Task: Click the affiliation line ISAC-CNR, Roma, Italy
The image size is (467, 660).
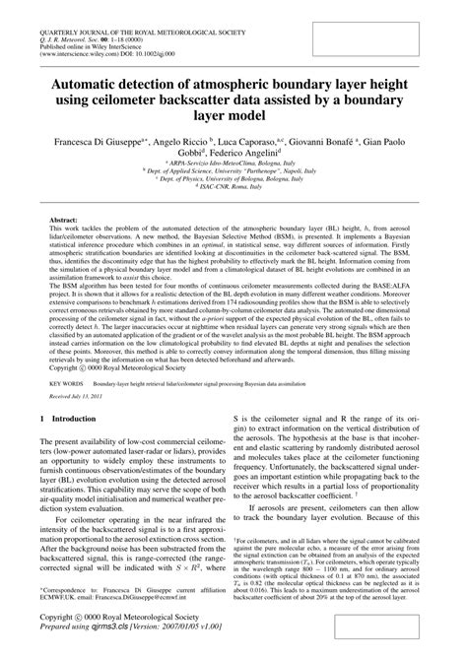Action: [x=233, y=202]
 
